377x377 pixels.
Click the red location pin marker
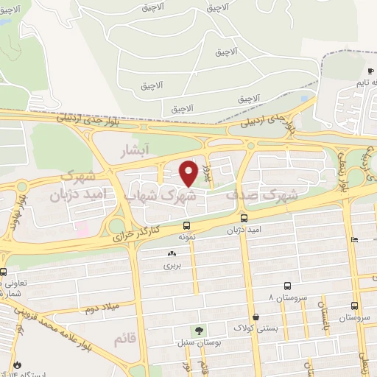point(189,172)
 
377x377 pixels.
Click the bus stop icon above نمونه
point(187,225)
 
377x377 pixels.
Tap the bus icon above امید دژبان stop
point(244,218)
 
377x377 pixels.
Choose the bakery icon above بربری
point(172,253)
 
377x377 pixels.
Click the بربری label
point(172,264)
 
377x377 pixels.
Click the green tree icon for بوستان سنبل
point(197,331)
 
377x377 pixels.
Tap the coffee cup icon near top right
point(370,71)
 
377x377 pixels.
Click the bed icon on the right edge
point(355,239)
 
